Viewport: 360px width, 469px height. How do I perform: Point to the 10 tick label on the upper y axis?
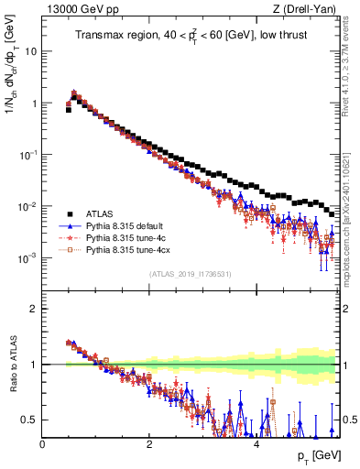30,52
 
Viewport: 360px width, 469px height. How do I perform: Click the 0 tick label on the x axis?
42,443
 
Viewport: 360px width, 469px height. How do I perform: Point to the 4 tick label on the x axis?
256,443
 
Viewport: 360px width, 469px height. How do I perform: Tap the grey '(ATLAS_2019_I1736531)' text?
191,274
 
